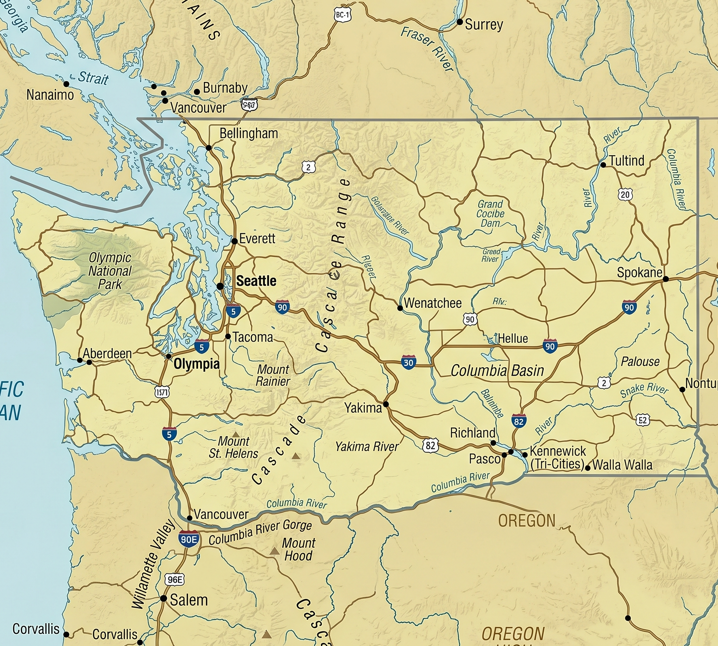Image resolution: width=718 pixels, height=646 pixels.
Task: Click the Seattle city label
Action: pyautogui.click(x=256, y=281)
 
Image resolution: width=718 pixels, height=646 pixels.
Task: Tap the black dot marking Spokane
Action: pyautogui.click(x=665, y=279)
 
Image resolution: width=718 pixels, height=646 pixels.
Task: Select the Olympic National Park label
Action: pyautogui.click(x=110, y=271)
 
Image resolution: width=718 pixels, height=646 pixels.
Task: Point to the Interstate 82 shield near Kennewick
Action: pyautogui.click(x=518, y=421)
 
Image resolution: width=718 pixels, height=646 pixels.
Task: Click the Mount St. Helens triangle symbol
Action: pyautogui.click(x=236, y=434)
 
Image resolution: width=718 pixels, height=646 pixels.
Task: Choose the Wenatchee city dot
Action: pyautogui.click(x=400, y=308)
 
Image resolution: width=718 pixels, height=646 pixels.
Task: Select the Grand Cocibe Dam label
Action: pyautogui.click(x=490, y=213)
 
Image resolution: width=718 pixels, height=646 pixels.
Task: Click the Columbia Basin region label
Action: pyautogui.click(x=497, y=370)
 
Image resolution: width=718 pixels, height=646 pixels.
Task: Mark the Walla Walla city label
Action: pyautogui.click(x=622, y=465)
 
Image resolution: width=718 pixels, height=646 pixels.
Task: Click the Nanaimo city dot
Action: pyautogui.click(x=66, y=84)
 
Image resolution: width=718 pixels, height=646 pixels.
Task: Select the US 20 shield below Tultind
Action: pyautogui.click(x=625, y=195)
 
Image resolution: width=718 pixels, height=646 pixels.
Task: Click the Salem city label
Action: pyautogui.click(x=188, y=600)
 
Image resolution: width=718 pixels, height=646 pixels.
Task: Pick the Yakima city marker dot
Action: pyautogui.click(x=386, y=404)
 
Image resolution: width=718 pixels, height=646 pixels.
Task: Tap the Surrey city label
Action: pyautogui.click(x=484, y=25)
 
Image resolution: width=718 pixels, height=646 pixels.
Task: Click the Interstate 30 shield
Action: pyautogui.click(x=408, y=362)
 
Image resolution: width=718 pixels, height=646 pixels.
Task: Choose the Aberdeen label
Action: pyautogui.click(x=107, y=354)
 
